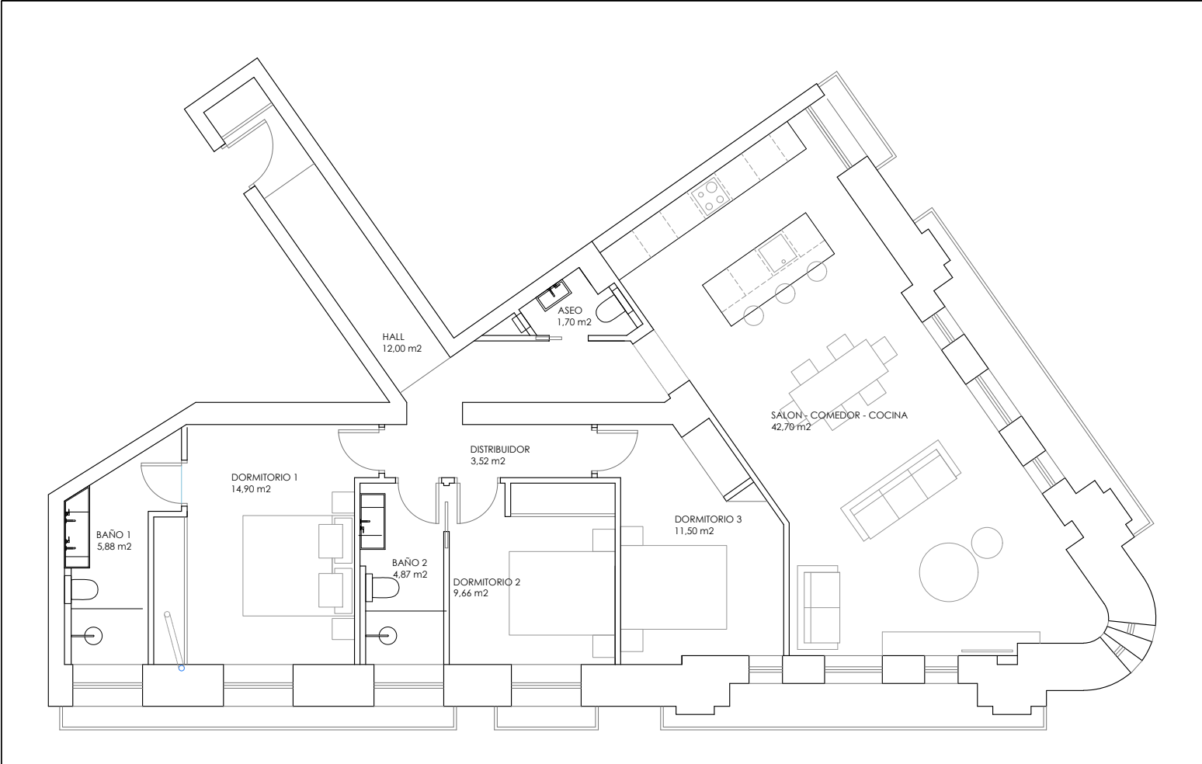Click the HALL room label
tap(394, 337)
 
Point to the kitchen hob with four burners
tap(710, 196)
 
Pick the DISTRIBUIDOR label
tap(499, 450)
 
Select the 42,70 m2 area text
tap(791, 427)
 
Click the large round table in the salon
tap(948, 572)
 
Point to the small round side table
tap(987, 543)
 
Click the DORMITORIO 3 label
tap(708, 519)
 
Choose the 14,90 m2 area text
tap(251, 489)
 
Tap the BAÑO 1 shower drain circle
tap(93, 637)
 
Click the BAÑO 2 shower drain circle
tap(387, 637)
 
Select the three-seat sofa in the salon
tap(900, 490)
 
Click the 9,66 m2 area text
tap(471, 593)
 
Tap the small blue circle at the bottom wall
tap(182, 668)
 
